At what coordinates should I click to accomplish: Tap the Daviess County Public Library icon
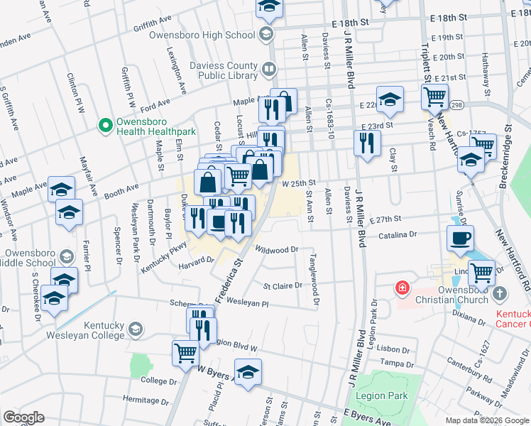tap(268, 70)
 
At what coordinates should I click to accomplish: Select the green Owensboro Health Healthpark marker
tap(106, 126)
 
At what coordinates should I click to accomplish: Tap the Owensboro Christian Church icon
tap(500, 293)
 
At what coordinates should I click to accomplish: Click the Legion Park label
tap(388, 395)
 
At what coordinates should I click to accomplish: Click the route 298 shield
tap(456, 105)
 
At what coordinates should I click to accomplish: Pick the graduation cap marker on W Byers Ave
tap(248, 371)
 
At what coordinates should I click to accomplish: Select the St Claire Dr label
tap(283, 287)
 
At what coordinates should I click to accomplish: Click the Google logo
tap(23, 417)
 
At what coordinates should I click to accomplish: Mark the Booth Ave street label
tap(121, 190)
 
